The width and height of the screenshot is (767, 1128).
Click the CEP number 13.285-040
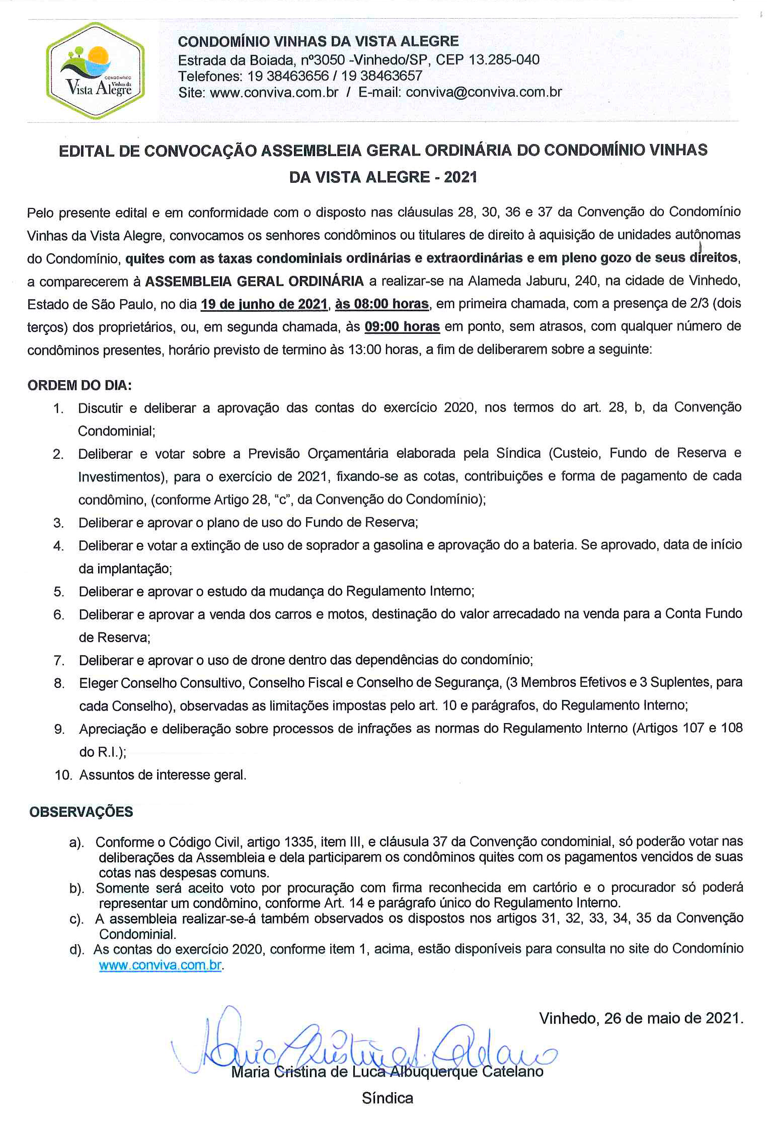coord(504,60)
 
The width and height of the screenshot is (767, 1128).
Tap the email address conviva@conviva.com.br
coord(484,92)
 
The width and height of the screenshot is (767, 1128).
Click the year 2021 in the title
coord(460,177)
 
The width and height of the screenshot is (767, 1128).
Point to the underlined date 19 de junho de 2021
coord(264,304)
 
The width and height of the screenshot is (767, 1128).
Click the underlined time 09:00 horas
coord(402,327)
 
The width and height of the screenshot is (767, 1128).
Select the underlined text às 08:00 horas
coord(381,304)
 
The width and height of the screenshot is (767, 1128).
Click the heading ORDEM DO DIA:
coord(80,386)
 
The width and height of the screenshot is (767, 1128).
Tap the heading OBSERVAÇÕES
coord(81,812)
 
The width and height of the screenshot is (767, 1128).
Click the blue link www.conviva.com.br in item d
coord(160,965)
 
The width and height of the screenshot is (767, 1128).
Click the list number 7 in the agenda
coord(59,660)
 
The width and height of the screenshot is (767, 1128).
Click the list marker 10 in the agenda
coord(63,775)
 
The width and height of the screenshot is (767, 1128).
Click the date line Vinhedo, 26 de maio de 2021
coord(641,1018)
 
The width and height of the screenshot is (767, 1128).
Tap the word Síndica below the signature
coord(387,1098)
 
